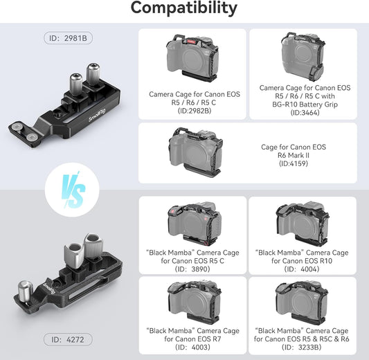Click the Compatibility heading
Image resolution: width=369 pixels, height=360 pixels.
[x=184, y=9]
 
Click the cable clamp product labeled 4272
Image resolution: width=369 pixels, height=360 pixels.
[x=75, y=271]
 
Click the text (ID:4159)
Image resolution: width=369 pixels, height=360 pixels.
[x=303, y=164]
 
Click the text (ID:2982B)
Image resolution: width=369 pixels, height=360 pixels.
[x=195, y=109]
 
